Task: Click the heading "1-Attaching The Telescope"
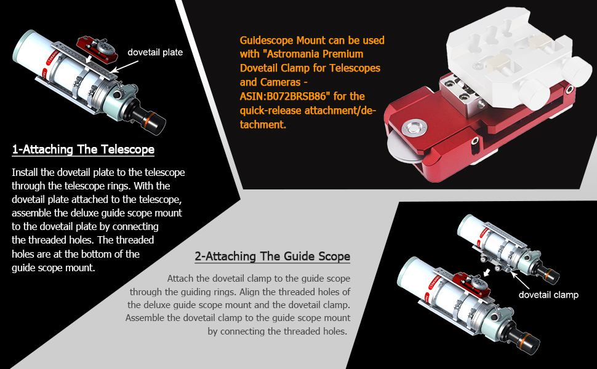[83, 149]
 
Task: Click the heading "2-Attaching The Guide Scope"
[272, 256]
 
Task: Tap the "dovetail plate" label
[155, 52]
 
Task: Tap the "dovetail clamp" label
[548, 295]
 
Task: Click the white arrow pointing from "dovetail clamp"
[519, 280]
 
